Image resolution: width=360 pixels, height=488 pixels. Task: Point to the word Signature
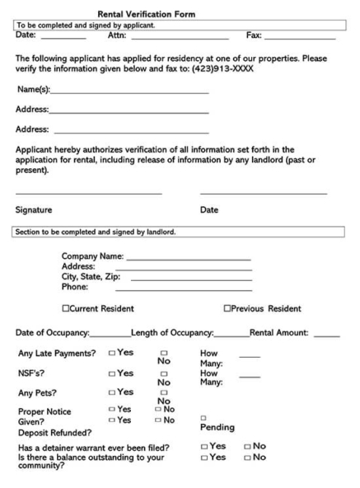(34, 210)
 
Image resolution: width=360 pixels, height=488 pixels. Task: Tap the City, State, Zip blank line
(190, 279)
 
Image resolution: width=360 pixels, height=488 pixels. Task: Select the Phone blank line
(183, 289)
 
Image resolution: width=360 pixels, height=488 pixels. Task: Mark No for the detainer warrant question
(246, 446)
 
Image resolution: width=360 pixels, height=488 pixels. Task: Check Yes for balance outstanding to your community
(205, 456)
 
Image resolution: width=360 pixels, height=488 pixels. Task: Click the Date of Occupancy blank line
(110, 335)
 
